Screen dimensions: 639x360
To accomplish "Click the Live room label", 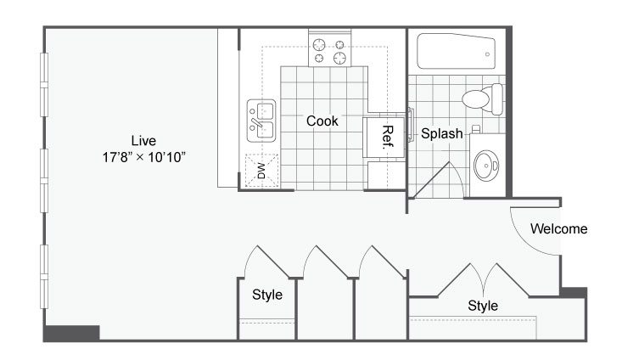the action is coord(143,141).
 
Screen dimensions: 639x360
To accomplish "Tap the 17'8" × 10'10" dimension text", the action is coord(144,157).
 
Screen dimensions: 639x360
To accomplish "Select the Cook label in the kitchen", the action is coord(322,121).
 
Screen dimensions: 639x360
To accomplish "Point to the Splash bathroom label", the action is coord(442,133).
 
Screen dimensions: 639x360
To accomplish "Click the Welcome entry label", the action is coord(558,228).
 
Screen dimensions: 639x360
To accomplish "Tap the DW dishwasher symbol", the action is coord(262,171).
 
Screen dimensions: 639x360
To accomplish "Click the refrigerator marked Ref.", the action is coord(384,138).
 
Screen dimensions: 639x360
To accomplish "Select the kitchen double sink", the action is coord(261,121).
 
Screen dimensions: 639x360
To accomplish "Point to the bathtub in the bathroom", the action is coord(456,52).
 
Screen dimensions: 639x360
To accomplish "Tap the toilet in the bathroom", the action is coord(483,98).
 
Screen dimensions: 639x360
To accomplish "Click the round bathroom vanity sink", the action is coord(486,166).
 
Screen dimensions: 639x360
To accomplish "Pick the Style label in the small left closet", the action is coord(267,295).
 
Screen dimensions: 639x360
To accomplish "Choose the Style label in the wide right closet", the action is coord(483,306).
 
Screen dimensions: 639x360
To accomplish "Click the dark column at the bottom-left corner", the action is coord(72,333).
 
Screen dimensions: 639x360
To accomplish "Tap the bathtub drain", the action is coord(487,54).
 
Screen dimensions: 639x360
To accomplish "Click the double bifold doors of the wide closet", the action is coord(484,280).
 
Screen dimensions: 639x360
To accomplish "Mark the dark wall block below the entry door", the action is coord(574,293).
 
